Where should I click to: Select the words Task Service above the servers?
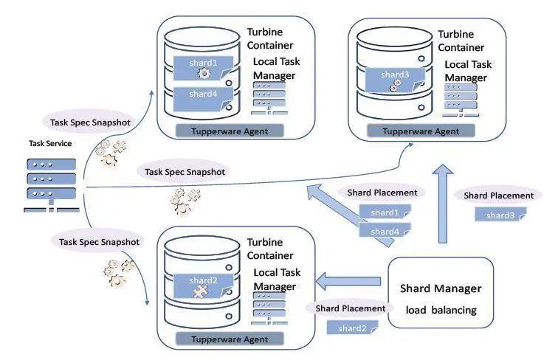click(x=50, y=144)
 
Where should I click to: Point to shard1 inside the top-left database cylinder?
click(x=203, y=64)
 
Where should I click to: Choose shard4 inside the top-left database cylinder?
click(x=203, y=94)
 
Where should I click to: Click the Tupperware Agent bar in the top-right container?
click(x=424, y=131)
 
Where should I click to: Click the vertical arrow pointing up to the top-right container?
click(x=442, y=203)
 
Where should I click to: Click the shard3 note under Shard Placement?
click(x=500, y=215)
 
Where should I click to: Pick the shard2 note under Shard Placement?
click(x=353, y=328)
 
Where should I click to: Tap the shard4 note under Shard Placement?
click(x=385, y=232)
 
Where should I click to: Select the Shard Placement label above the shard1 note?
click(x=382, y=193)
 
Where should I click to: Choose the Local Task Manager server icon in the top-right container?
click(x=461, y=97)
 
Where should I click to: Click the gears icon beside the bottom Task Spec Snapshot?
click(x=119, y=273)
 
